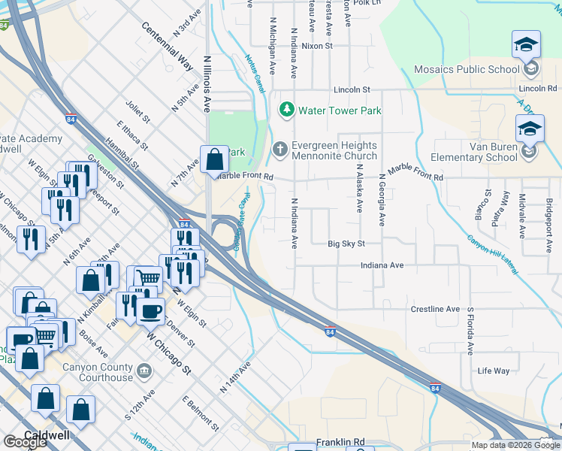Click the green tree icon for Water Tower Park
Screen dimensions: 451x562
(286, 110)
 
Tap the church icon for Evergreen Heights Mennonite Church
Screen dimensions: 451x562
(280, 147)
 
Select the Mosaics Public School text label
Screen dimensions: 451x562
(467, 70)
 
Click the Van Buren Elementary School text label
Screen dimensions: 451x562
(473, 152)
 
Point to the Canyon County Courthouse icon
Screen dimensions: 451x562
(145, 370)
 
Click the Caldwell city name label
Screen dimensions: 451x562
(47, 435)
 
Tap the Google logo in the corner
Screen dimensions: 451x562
(25, 442)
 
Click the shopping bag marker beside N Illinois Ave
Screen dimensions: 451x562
(214, 159)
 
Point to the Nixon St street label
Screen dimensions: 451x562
(316, 46)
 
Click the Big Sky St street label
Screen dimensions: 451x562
(346, 244)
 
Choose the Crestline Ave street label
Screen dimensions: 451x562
(435, 309)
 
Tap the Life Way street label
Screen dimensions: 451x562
(493, 371)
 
